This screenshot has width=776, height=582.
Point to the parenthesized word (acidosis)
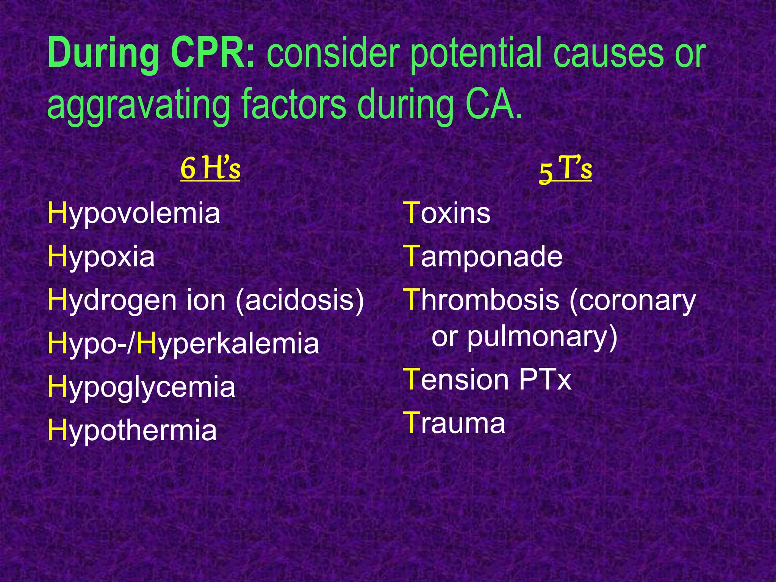pyautogui.click(x=300, y=300)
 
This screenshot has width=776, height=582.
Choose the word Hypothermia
pyautogui.click(x=132, y=431)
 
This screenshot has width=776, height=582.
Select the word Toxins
pyautogui.click(x=447, y=213)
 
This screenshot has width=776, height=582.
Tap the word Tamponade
pyautogui.click(x=483, y=257)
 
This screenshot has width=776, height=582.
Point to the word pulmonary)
pyautogui.click(x=542, y=337)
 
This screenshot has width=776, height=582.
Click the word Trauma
pyautogui.click(x=455, y=423)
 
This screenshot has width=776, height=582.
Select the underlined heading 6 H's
pyautogui.click(x=210, y=169)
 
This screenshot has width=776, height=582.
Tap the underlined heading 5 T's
pyautogui.click(x=565, y=169)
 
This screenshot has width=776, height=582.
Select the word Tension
pyautogui.click(x=456, y=380)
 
